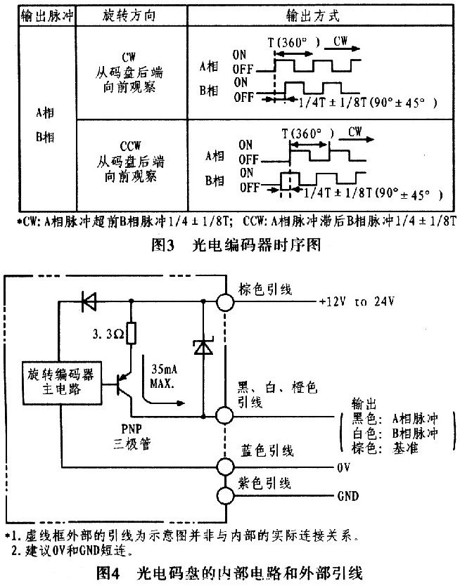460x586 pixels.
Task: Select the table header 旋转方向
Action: (128, 15)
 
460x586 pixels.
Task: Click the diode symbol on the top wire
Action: (89, 302)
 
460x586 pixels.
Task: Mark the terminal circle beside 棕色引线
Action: (225, 302)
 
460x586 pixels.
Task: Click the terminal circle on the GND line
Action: (225, 496)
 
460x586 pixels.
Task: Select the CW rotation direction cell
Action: (128, 74)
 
